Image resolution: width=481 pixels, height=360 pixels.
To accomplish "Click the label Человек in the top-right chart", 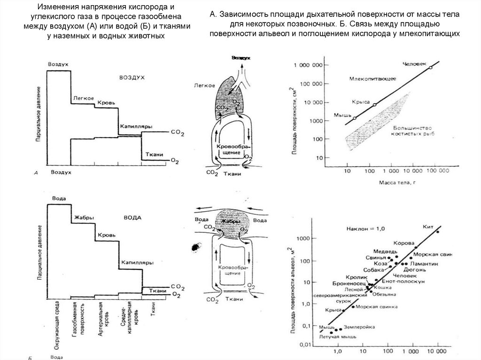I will tap(414, 64).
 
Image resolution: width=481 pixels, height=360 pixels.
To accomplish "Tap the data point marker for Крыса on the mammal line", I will tap(374, 105).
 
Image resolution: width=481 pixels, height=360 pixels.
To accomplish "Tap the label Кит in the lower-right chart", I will tap(427, 227).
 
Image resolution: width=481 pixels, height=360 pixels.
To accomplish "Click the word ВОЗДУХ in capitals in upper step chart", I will tap(132, 76).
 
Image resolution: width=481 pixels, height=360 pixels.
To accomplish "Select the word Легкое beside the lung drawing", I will tap(204, 85).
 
